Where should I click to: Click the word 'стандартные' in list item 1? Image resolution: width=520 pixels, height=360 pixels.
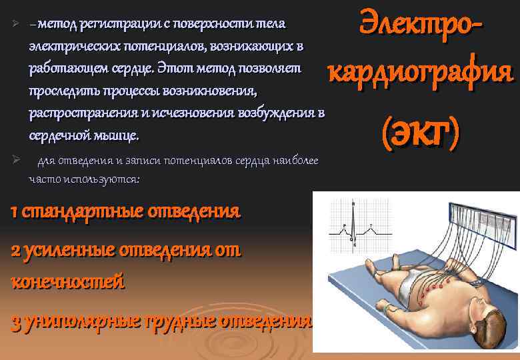coord(72,213)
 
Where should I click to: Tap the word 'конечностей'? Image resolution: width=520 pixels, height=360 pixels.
coord(67,281)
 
